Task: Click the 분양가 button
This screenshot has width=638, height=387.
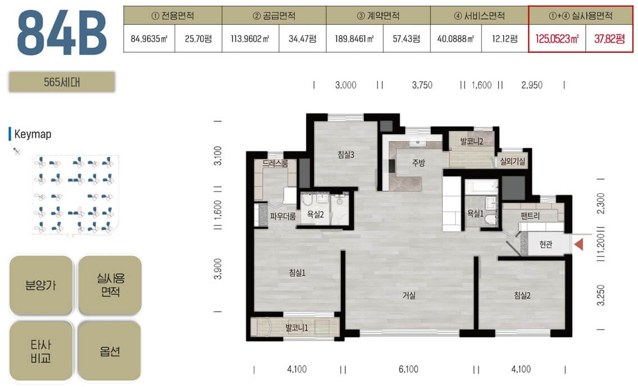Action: [x=40, y=285]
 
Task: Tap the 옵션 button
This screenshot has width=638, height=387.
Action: [x=110, y=351]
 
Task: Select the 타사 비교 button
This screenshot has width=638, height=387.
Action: [x=40, y=351]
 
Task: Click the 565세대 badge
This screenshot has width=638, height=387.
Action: [x=62, y=82]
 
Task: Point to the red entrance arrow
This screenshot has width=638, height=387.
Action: [x=578, y=244]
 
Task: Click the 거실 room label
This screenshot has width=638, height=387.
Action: [x=409, y=295]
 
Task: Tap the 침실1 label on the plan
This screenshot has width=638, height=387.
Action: [x=297, y=273]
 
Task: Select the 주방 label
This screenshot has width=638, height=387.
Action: [x=418, y=163]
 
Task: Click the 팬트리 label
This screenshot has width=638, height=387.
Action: [x=530, y=216]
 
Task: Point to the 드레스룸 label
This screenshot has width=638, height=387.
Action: [x=275, y=163]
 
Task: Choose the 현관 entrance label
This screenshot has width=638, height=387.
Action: [x=546, y=244]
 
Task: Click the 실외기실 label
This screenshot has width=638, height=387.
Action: [x=513, y=162]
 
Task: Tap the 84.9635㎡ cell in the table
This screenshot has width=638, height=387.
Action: [x=149, y=39]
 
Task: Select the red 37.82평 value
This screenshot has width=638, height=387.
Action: [x=609, y=39]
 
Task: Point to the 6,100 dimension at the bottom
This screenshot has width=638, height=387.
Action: [x=408, y=369]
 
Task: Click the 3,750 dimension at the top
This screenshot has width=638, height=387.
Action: [x=422, y=85]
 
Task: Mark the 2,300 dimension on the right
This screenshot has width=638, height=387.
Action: [x=601, y=203]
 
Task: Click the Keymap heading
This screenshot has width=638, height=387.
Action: [x=33, y=134]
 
